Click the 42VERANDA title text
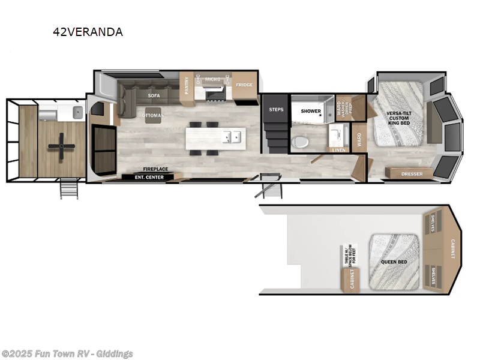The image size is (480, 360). pos(88,32)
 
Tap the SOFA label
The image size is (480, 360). pos(154,95)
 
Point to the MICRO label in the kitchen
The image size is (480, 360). pos(212,79)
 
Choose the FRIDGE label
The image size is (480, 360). pos(244,85)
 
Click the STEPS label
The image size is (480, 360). pos(276,110)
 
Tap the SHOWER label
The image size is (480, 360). pos(311,111)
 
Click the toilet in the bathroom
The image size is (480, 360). pos(299,142)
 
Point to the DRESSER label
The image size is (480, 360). pos(412,174)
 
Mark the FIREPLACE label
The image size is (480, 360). pos(154,169)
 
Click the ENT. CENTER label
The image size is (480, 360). pos(146,177)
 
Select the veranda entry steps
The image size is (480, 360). pos(68,189)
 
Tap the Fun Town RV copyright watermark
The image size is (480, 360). pos(67,354)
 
